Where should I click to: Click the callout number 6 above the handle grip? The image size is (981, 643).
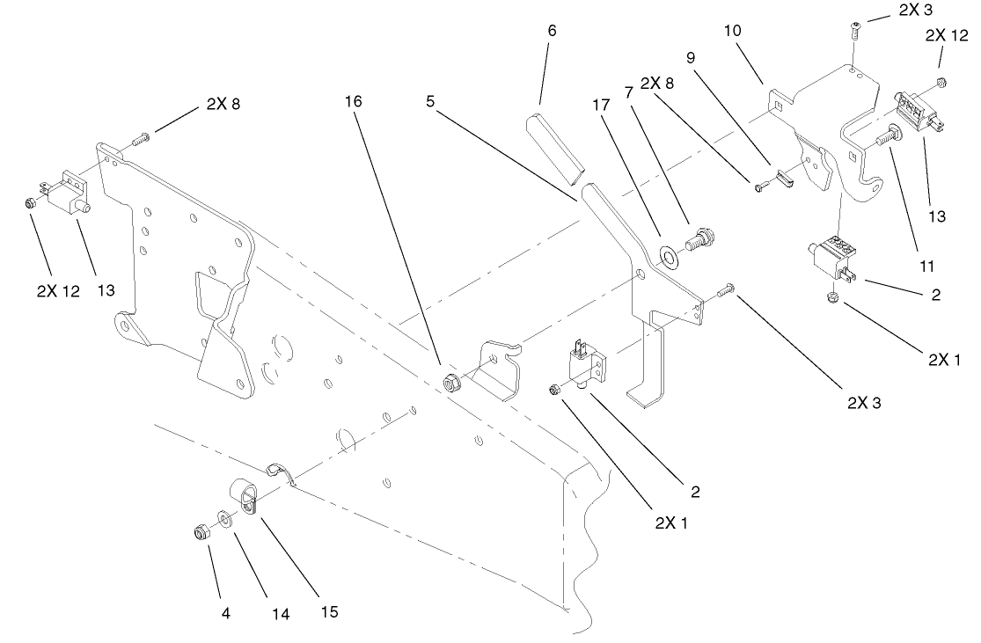coord(552,30)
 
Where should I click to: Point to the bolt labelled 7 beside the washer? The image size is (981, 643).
coord(701,238)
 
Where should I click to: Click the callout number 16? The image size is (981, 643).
coord(352,101)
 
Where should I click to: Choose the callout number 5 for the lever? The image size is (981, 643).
coord(430,101)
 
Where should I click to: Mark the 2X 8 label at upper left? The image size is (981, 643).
coord(223,103)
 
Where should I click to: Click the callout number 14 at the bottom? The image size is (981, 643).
coord(280,614)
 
